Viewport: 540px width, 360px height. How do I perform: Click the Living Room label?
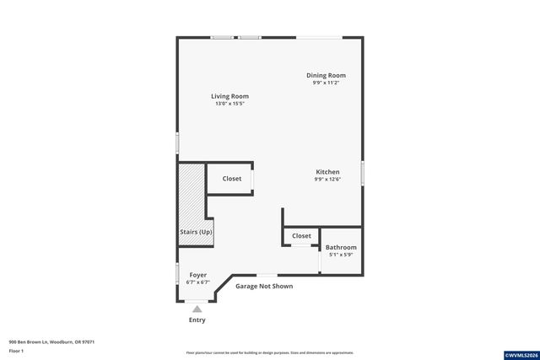point(229,96)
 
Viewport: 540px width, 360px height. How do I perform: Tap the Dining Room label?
point(326,75)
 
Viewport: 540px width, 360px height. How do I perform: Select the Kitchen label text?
point(327,172)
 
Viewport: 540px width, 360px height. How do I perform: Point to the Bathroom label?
point(341,247)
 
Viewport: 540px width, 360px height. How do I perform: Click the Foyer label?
point(198,275)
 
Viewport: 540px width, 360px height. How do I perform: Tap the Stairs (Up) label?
point(196,232)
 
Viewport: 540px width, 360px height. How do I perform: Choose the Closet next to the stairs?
point(232,179)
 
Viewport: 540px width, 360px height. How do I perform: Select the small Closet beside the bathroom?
point(301,236)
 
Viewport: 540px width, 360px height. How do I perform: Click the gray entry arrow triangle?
point(197,309)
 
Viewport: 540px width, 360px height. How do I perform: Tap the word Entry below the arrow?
point(197,320)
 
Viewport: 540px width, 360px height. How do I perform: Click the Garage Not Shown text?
point(264,287)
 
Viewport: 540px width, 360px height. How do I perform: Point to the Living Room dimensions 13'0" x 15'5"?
point(229,104)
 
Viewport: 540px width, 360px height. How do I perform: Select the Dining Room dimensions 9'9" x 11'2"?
point(326,83)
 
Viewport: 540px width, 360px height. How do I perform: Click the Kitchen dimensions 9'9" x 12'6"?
point(327,179)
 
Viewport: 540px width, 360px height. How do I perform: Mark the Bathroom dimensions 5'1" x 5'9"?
point(341,254)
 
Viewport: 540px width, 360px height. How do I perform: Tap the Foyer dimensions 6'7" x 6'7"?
point(198,282)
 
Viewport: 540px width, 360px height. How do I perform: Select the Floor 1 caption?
point(16,350)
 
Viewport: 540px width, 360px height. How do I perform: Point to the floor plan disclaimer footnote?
point(269,352)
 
